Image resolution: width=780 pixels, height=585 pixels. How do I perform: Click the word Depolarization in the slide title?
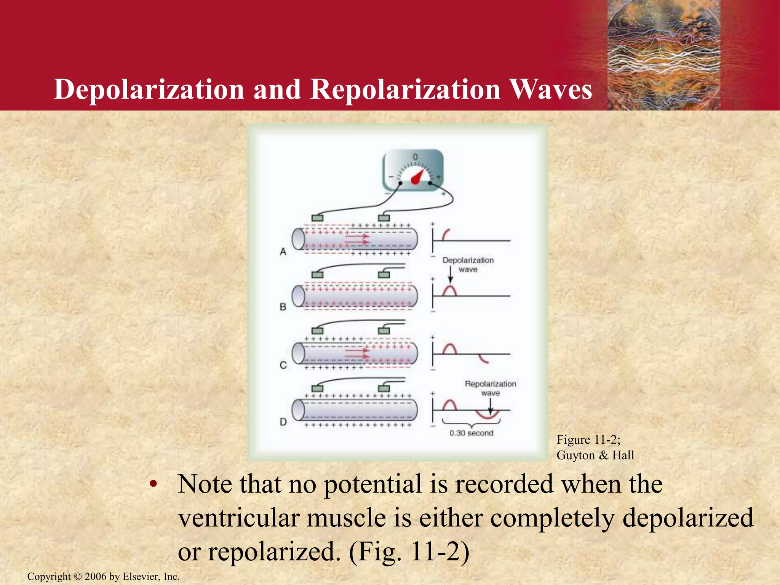pos(149,90)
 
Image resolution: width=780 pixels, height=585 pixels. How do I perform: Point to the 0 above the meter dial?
pos(415,157)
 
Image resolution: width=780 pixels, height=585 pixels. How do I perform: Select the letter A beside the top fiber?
pos(283,252)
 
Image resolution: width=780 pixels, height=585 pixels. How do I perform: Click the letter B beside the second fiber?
pos(283,307)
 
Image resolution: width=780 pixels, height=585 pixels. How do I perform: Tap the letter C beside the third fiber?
pos(283,365)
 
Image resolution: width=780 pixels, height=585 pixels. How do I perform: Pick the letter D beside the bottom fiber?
pos(283,422)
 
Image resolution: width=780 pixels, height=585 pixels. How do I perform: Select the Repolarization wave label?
pos(490,388)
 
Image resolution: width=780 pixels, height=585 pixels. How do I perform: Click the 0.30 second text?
pos(471,433)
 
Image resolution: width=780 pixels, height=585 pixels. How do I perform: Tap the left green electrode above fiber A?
pos(317,218)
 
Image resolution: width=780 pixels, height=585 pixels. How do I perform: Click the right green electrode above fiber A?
pos(384,218)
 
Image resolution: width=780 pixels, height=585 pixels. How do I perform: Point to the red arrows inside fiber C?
pos(357,355)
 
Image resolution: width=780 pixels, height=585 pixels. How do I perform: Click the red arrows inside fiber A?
pos(357,240)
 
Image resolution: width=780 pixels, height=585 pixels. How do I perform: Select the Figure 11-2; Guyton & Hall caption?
pos(595,448)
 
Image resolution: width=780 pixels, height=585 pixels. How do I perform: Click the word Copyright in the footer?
pos(49,577)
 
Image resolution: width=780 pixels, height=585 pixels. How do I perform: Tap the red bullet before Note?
pos(153,484)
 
